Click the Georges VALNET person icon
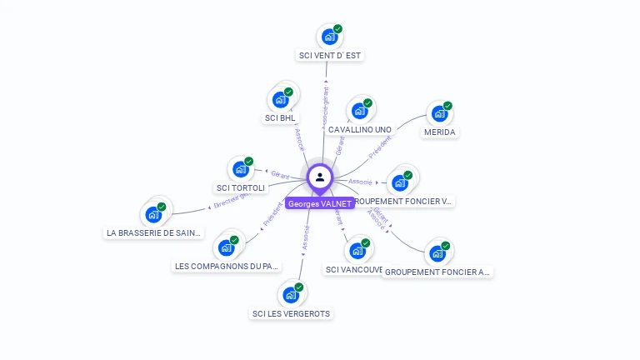click(320, 177)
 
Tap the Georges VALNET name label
click(319, 203)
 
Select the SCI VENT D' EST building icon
click(330, 37)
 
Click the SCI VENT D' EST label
click(331, 56)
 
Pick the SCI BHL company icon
click(281, 100)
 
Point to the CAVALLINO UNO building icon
click(360, 111)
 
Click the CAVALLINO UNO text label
click(359, 130)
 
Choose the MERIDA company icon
click(439, 114)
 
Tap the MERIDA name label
click(440, 132)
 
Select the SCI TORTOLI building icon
click(241, 169)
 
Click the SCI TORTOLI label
click(240, 188)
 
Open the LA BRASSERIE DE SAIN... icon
click(153, 214)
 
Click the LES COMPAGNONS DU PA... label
click(227, 267)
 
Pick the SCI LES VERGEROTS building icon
click(291, 295)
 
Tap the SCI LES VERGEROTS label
click(291, 314)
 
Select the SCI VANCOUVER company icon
click(357, 251)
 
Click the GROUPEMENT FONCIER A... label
click(438, 272)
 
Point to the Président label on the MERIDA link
click(379, 148)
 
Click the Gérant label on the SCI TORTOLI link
click(280, 175)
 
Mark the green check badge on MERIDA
click(447, 106)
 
